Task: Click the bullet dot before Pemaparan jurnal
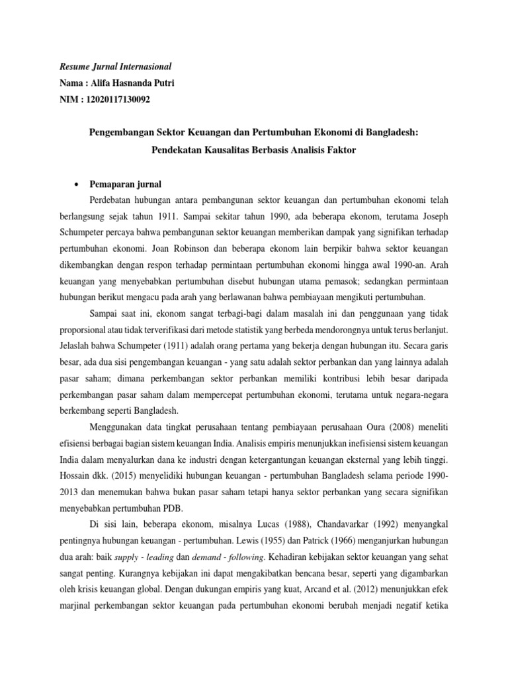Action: click(x=77, y=184)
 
